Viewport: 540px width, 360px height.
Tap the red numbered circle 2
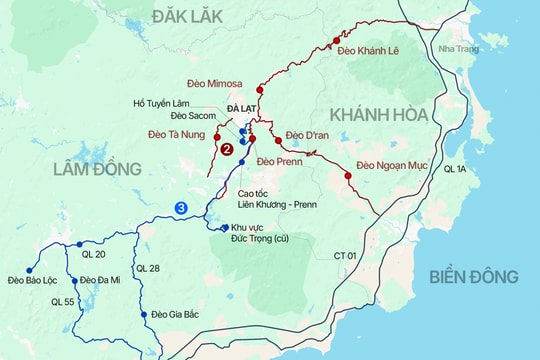pyautogui.click(x=227, y=150)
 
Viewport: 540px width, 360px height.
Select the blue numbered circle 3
pyautogui.click(x=180, y=208)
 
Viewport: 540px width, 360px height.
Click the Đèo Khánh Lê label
pyautogui.click(x=368, y=50)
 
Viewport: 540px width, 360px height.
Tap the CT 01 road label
pyautogui.click(x=346, y=256)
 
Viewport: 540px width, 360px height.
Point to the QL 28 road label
pyautogui.click(x=147, y=268)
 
